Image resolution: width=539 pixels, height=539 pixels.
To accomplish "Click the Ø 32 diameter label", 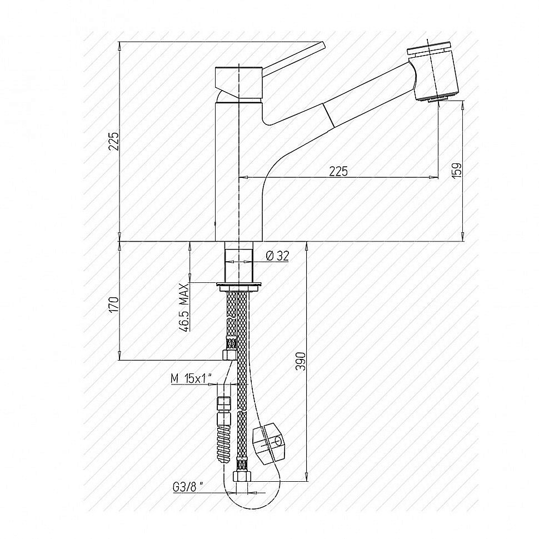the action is (277, 256).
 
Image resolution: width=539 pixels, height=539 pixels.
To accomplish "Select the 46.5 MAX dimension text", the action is (184, 307).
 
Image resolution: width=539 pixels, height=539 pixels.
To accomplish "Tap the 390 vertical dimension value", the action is (301, 361).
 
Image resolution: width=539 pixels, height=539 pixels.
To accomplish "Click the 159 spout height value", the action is (457, 170).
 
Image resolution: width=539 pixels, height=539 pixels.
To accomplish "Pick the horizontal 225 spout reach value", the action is (338, 171).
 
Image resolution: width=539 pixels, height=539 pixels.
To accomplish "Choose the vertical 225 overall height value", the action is (114, 141).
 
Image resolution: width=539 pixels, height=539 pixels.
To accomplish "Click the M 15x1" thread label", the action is (191, 379).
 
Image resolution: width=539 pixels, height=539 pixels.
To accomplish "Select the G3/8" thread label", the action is (188, 487).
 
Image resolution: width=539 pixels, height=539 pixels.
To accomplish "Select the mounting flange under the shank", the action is (238, 286).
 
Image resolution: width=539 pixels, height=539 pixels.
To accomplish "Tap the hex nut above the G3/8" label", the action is (242, 476).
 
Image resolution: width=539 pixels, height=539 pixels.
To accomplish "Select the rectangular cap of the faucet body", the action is (238, 82).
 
